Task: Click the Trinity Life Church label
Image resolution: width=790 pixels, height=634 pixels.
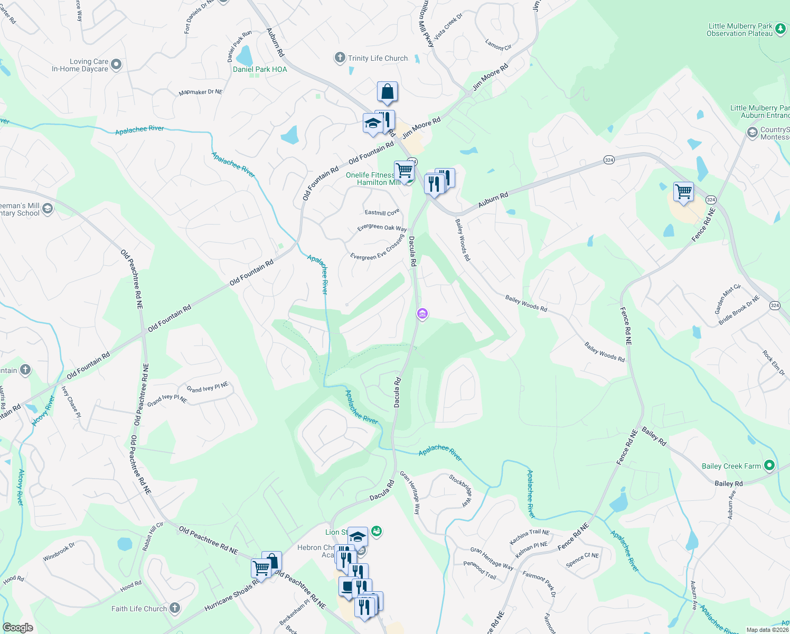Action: coord(378,58)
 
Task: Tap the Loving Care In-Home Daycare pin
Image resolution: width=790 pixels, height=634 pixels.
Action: coord(117,64)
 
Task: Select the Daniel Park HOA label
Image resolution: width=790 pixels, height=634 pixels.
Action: coord(260,69)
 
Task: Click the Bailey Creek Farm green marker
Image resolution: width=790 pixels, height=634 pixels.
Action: coord(769,465)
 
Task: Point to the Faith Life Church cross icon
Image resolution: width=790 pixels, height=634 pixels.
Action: coord(175,608)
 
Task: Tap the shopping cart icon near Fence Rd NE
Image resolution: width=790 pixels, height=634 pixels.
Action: coord(683,191)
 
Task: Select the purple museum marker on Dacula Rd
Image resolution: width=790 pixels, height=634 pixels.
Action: coord(422,314)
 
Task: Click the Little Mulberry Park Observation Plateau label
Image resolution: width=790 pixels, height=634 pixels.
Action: coord(739,30)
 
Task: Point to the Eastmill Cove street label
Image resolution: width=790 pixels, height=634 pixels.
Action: coord(382,212)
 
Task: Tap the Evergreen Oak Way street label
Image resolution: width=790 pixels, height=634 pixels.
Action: coord(382,228)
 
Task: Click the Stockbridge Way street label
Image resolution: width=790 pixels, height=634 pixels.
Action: coord(460,490)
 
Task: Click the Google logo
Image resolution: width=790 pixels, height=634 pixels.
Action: coord(18,627)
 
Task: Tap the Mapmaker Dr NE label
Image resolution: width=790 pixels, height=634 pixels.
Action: coord(201,92)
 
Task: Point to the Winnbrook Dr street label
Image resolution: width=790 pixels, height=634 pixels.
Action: coord(59,551)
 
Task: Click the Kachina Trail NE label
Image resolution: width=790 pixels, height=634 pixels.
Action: coord(529,537)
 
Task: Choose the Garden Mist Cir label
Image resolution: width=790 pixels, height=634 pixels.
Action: coord(728,299)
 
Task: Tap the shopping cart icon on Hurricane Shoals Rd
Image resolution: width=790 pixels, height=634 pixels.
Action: coord(261,568)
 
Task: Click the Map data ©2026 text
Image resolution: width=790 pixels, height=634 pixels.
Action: coord(767,629)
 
